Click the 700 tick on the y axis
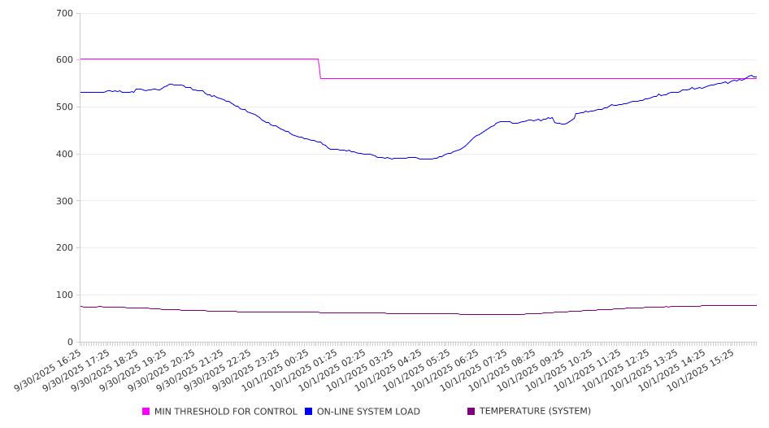[x=65, y=14]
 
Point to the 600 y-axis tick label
[x=65, y=60]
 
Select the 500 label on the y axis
[x=65, y=107]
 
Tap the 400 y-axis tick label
[x=65, y=155]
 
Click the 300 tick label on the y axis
[x=65, y=201]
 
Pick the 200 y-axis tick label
[x=65, y=248]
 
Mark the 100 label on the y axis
[x=65, y=295]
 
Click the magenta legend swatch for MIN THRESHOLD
[x=146, y=412]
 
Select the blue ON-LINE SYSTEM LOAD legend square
[x=309, y=412]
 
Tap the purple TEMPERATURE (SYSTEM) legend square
[x=471, y=412]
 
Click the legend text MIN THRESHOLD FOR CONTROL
[x=226, y=412]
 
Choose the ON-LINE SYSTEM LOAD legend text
[x=368, y=412]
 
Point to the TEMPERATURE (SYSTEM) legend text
[x=535, y=412]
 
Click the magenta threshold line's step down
[x=319, y=69]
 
